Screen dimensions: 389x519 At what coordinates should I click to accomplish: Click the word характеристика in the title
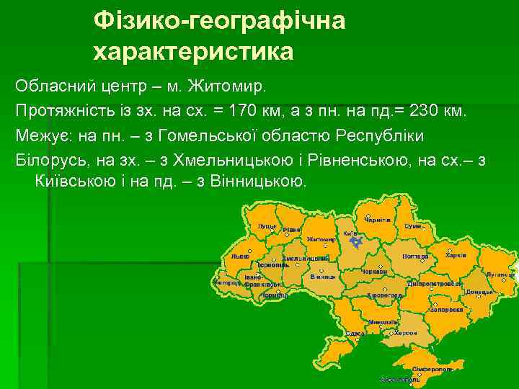pos(193,52)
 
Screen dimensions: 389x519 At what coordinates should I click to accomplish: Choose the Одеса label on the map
pos(355,334)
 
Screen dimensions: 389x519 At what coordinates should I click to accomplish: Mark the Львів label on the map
pos(240,256)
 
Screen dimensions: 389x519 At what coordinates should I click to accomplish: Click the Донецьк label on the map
pos(479,292)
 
